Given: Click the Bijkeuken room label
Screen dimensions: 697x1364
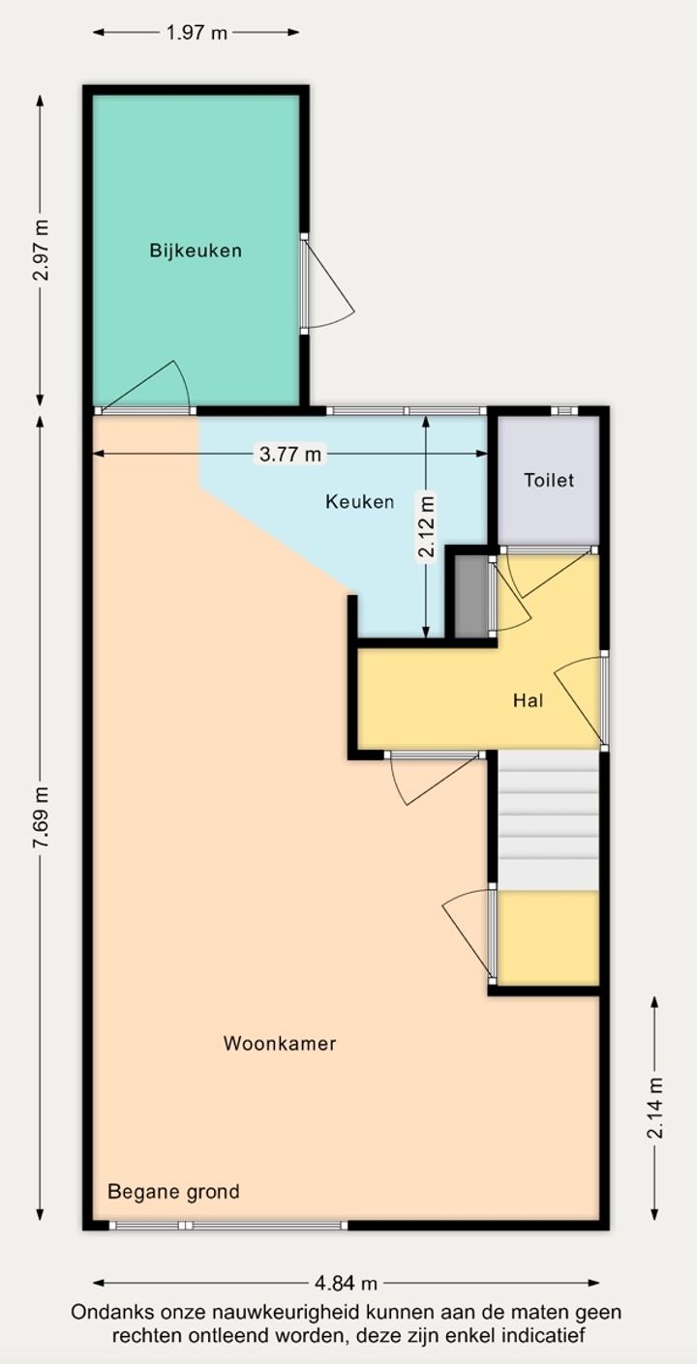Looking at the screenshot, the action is pos(196,251).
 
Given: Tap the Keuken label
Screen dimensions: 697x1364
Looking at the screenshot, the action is pos(359,502).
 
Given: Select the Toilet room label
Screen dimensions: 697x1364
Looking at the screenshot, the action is pos(549,480).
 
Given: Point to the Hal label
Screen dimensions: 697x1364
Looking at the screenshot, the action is pos(528,700).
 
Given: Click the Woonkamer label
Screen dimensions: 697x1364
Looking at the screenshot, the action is pos(280,1043).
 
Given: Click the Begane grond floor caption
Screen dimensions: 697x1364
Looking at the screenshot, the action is pos(173,1191).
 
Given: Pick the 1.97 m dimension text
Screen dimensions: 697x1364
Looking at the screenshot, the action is pos(197,32).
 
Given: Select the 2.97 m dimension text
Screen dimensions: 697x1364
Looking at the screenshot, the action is pos(42,251).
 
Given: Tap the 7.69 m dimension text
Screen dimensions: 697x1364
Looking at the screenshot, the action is pos(42,817).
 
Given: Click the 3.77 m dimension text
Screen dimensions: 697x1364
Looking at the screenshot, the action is pos(290,454).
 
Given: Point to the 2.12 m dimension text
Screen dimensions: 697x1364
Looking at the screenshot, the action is pos(427,527).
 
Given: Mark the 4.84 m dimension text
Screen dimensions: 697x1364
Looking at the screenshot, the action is pos(346,1283).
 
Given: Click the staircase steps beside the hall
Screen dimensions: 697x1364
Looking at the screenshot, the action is pos(548,819).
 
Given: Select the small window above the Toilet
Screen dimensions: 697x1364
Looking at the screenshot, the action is pos(564,411).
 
